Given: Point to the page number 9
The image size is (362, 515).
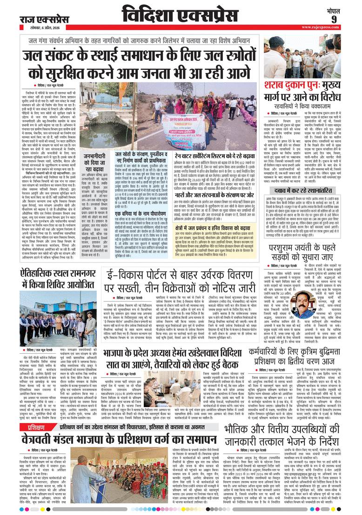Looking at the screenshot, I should [347, 19].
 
